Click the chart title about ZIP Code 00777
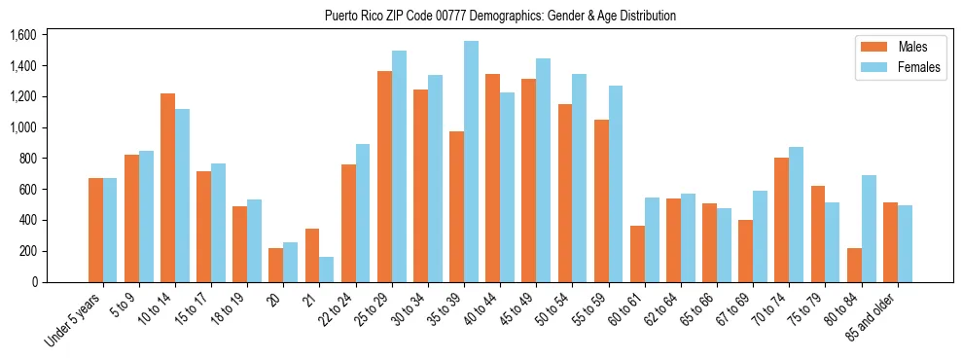[x=500, y=16]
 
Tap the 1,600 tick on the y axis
[x=22, y=35]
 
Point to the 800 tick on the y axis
[x=26, y=159]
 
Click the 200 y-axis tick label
[x=26, y=251]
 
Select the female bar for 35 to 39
[x=471, y=162]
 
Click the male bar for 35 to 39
[x=456, y=206]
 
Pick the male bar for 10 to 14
[x=167, y=188]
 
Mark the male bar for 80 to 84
[x=854, y=265]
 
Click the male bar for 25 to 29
[x=384, y=176]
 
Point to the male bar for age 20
[x=276, y=265]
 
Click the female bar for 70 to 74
[x=797, y=214]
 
